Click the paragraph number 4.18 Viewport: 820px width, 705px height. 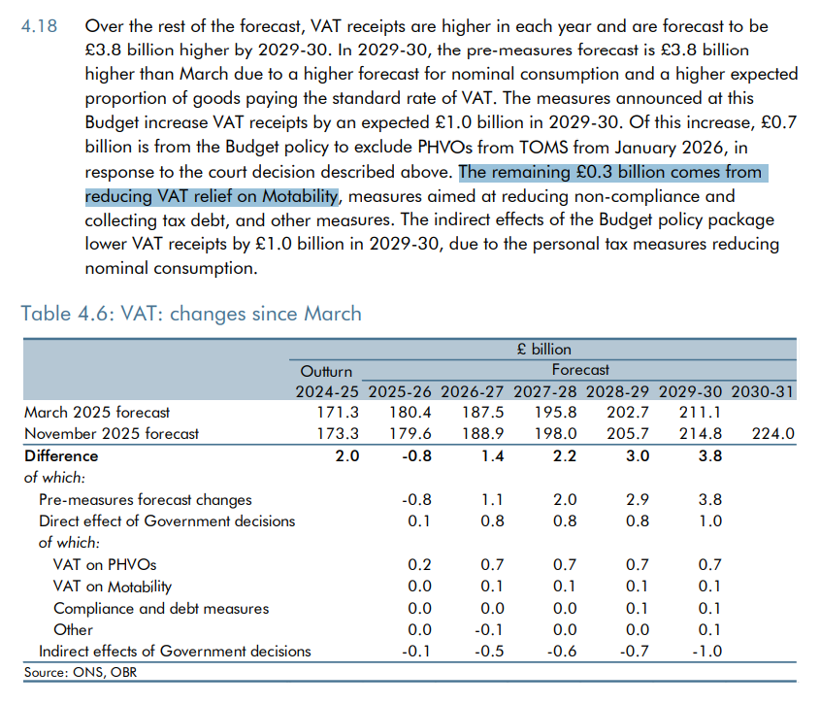pos(39,26)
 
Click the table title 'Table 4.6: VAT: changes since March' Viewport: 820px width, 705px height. pos(191,314)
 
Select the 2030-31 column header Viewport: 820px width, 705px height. pos(762,391)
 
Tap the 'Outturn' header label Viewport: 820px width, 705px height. pos(326,371)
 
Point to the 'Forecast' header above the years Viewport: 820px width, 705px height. pos(580,370)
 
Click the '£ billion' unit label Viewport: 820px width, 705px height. pos(543,349)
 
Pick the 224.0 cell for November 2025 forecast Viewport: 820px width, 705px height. pos(772,433)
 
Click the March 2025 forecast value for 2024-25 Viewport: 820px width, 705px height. pos(338,413)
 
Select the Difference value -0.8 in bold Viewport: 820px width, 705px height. pos(417,455)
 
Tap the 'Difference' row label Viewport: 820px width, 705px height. pos(61,455)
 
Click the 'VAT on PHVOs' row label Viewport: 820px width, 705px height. pos(105,565)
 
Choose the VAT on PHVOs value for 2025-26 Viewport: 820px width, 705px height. pos(420,565)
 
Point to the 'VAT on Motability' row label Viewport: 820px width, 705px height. pos(113,587)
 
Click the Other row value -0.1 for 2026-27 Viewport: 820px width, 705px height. pos(489,629)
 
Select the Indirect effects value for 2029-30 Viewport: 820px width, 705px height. pos(707,651)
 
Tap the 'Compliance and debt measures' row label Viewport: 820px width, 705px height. pos(161,608)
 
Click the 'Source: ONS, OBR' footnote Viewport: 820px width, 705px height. pos(81,672)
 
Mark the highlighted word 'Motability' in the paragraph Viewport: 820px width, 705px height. pos(300,196)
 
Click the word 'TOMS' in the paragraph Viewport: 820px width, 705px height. pos(543,147)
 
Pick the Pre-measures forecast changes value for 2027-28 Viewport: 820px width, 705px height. pos(566,499)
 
